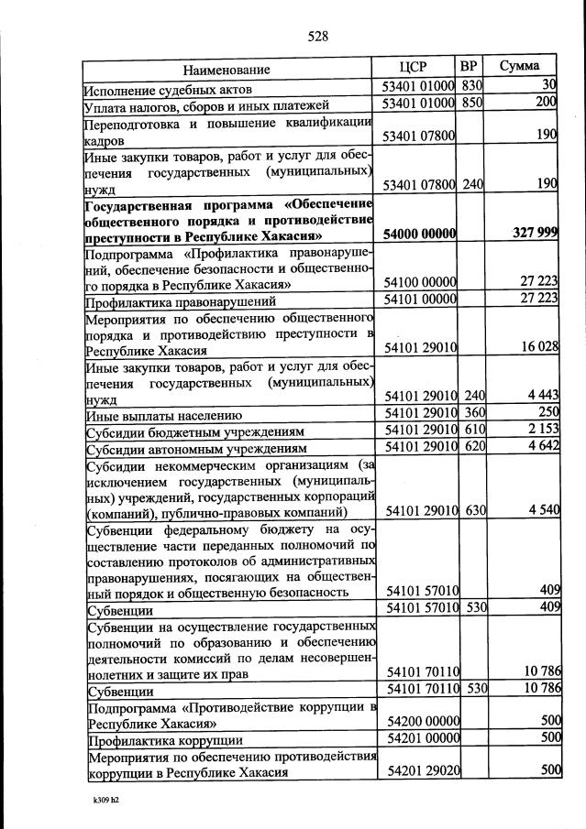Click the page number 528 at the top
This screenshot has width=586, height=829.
tap(317, 37)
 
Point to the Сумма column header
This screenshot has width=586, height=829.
tap(519, 66)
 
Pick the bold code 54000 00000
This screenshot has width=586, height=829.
tap(419, 234)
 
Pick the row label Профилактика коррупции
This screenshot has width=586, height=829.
tap(164, 740)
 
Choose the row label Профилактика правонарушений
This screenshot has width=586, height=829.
tap(180, 300)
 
